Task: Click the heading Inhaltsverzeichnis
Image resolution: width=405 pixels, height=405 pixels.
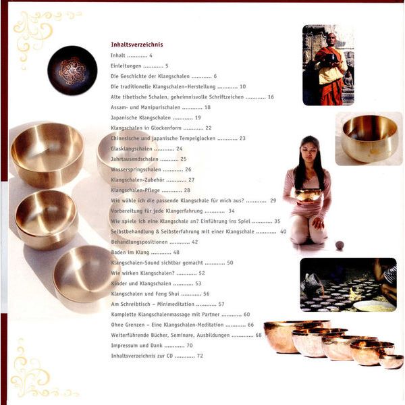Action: pos(137,45)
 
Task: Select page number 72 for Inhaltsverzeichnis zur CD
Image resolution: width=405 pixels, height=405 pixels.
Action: pos(200,356)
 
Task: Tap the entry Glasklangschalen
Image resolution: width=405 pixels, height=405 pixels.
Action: pos(132,148)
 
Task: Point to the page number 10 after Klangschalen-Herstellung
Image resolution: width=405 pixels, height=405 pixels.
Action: pos(242,86)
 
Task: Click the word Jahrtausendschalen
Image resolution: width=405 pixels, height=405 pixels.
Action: pos(134,159)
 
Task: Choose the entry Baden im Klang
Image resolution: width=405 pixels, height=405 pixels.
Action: pos(130,252)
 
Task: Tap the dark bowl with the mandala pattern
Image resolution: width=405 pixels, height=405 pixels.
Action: pos(72,70)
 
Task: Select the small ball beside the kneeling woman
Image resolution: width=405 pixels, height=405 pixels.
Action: pos(340,245)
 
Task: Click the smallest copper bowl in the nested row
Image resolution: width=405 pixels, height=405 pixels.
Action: pos(391,361)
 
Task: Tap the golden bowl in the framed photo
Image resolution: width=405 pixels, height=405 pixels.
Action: pos(370,138)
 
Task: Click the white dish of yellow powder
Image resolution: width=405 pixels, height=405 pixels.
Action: pos(374,306)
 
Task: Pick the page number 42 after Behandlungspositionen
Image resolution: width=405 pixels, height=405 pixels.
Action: pos(195,242)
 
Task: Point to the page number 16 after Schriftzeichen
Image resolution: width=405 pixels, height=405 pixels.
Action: pos(271,97)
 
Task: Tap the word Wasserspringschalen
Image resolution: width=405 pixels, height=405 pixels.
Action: pos(136,169)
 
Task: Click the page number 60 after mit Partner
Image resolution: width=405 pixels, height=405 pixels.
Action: pos(246,315)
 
